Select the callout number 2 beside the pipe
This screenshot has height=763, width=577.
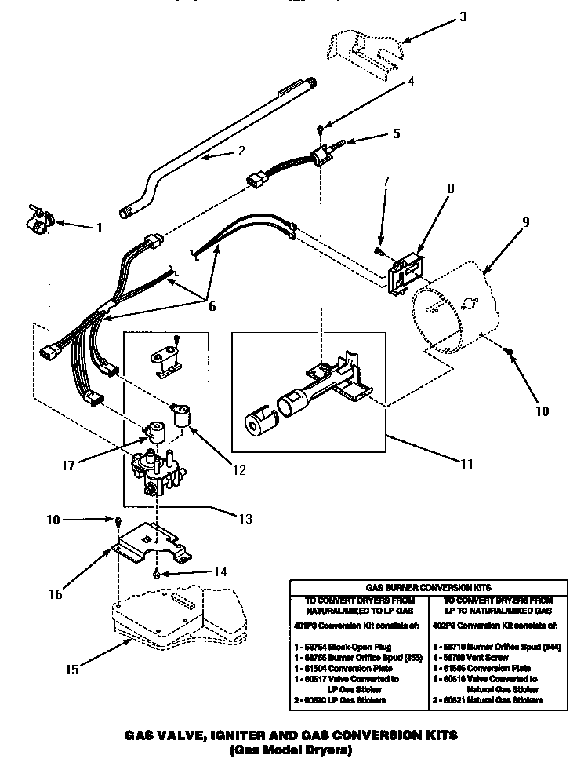pos(220,152)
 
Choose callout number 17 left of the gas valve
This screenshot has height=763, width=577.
pos(68,465)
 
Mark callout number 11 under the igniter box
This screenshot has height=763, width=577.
pos(466,464)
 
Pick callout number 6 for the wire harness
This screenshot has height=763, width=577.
pos(212,307)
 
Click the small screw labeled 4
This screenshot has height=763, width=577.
pos(321,128)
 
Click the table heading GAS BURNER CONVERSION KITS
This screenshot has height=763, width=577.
pos(429,586)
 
